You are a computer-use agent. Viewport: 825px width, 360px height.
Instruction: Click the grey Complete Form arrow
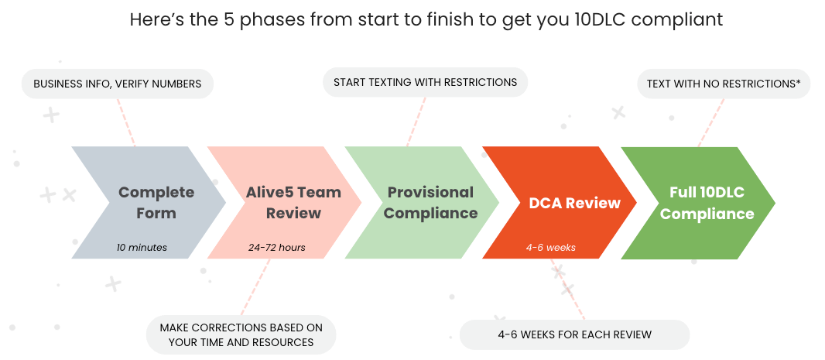pos(147,202)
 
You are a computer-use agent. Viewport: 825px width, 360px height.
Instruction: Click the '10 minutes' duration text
pos(142,248)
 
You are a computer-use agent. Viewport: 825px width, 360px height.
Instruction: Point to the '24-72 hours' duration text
pos(276,248)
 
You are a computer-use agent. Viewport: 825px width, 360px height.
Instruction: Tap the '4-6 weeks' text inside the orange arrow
pos(550,248)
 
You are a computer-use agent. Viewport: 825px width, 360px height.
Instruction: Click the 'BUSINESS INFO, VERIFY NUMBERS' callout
pos(117,84)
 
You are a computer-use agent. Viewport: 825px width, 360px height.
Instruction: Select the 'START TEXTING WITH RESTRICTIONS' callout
pos(425,82)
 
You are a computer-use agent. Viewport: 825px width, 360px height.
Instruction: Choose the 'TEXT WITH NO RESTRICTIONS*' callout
pos(723,84)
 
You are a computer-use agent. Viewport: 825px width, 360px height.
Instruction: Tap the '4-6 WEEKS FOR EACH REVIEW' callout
pos(574,334)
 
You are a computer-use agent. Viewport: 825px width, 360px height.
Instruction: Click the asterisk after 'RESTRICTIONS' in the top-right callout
pos(798,83)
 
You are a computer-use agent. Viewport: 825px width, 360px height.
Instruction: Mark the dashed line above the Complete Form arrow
pos(127,122)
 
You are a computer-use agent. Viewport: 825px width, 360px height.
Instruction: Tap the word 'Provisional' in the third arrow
pos(430,192)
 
